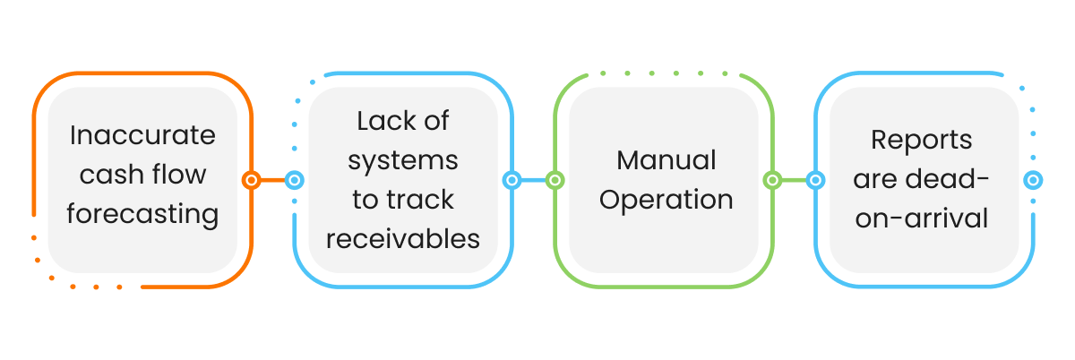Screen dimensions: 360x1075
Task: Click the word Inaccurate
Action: [142, 135]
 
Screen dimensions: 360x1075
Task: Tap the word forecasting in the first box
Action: [142, 214]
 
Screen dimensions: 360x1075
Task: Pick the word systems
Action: [403, 160]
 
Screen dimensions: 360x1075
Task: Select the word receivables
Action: [403, 239]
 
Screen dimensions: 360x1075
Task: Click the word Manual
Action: [666, 160]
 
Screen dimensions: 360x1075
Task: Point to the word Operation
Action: [666, 200]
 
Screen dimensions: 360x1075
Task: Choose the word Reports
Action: [922, 141]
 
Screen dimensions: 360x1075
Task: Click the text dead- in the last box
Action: [954, 180]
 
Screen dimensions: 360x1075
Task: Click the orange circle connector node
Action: [252, 180]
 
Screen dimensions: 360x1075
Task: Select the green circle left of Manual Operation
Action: [555, 180]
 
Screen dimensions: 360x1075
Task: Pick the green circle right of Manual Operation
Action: [772, 180]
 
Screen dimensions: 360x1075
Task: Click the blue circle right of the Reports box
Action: [1033, 180]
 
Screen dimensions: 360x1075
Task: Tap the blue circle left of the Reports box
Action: [815, 180]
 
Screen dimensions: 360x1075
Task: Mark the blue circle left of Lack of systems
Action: [294, 180]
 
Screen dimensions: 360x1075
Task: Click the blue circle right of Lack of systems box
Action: [512, 180]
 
